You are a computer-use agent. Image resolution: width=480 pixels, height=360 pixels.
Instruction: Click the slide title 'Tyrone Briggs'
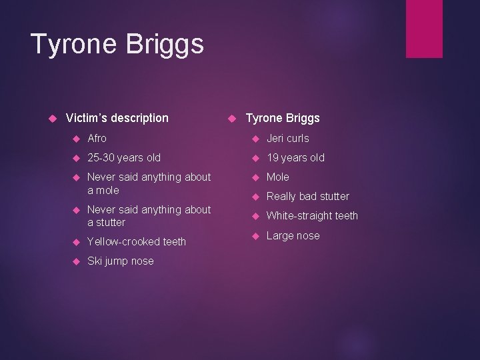pyautogui.click(x=117, y=45)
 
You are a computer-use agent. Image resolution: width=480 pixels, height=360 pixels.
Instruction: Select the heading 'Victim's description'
pyautogui.click(x=117, y=118)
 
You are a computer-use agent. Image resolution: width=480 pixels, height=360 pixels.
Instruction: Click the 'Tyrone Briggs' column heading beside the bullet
pyautogui.click(x=283, y=118)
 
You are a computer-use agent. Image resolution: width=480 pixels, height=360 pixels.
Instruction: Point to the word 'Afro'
pyautogui.click(x=97, y=139)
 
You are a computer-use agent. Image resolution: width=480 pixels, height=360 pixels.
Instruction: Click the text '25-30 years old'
pyautogui.click(x=124, y=158)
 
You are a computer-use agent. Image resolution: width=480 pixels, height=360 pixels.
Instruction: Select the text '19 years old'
pyautogui.click(x=295, y=158)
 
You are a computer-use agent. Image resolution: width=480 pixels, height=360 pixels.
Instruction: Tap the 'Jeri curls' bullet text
pyautogui.click(x=288, y=139)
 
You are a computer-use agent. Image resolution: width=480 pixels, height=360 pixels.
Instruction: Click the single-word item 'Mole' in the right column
pyautogui.click(x=278, y=177)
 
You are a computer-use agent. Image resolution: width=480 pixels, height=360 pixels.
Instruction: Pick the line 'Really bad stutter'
pyautogui.click(x=308, y=196)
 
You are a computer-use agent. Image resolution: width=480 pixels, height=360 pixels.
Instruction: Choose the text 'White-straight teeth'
pyautogui.click(x=312, y=215)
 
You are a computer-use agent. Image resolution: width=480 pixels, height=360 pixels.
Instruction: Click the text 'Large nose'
pyautogui.click(x=293, y=235)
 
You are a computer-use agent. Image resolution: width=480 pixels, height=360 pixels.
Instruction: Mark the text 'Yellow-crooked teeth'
pyautogui.click(x=137, y=241)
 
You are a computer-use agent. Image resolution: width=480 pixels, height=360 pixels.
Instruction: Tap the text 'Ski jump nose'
pyautogui.click(x=121, y=261)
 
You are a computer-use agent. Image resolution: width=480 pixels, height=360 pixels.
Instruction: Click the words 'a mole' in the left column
pyautogui.click(x=103, y=190)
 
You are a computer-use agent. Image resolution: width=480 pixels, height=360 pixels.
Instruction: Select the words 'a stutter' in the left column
pyautogui.click(x=106, y=222)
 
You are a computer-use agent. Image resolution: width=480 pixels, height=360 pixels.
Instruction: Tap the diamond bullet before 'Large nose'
pyautogui.click(x=254, y=236)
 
